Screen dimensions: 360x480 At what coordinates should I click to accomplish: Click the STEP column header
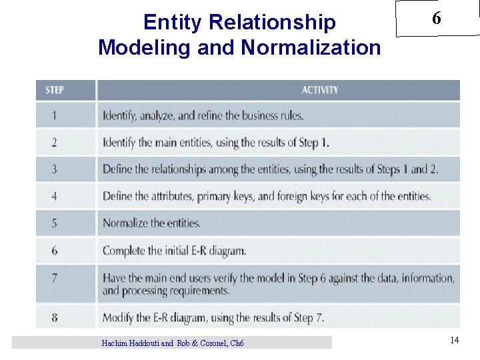pyautogui.click(x=55, y=90)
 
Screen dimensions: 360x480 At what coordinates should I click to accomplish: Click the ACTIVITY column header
pyautogui.click(x=320, y=90)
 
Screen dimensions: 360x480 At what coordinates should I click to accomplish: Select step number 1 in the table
pyautogui.click(x=55, y=115)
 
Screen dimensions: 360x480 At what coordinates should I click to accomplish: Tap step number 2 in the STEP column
pyautogui.click(x=55, y=142)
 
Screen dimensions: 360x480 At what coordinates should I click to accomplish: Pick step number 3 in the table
pyautogui.click(x=55, y=169)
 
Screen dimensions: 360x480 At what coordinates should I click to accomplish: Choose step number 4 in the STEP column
pyautogui.click(x=55, y=196)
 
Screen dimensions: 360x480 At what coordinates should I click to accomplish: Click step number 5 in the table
pyautogui.click(x=55, y=223)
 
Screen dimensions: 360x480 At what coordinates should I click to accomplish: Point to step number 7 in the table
pyautogui.click(x=55, y=278)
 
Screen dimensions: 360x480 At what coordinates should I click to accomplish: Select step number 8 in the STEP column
pyautogui.click(x=55, y=317)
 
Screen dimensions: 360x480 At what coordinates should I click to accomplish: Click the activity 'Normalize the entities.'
pyautogui.click(x=151, y=223)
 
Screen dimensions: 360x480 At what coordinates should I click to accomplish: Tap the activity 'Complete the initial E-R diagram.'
pyautogui.click(x=174, y=251)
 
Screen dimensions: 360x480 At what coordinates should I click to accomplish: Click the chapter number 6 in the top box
pyautogui.click(x=436, y=19)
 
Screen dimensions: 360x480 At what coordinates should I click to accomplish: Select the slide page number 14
pyautogui.click(x=454, y=341)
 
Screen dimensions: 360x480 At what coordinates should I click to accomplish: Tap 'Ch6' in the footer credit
pyautogui.click(x=237, y=343)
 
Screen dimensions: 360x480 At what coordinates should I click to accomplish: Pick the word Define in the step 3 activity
pyautogui.click(x=117, y=169)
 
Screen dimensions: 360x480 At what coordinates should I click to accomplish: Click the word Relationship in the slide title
pyautogui.click(x=273, y=23)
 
